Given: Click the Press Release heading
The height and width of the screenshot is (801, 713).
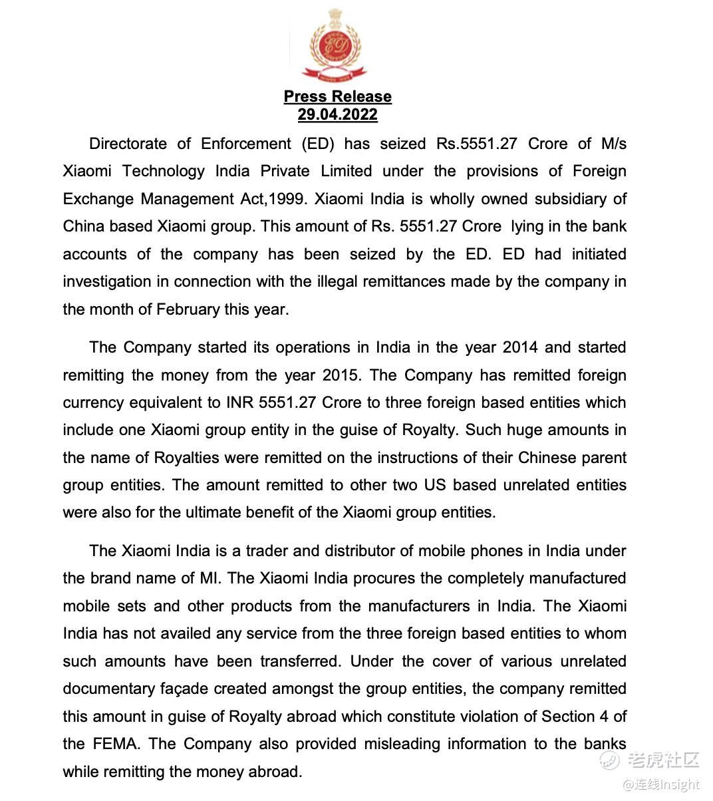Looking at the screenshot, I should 337,96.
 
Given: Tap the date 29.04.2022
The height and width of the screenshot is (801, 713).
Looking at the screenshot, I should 337,114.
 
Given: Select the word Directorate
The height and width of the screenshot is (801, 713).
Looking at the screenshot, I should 128,144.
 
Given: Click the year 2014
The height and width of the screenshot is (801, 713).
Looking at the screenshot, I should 519,347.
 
